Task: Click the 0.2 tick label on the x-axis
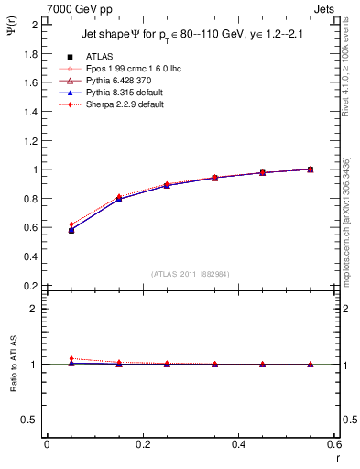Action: [x=142, y=444]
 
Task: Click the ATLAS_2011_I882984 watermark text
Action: [x=190, y=274]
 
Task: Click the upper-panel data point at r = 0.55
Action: [x=311, y=169]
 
